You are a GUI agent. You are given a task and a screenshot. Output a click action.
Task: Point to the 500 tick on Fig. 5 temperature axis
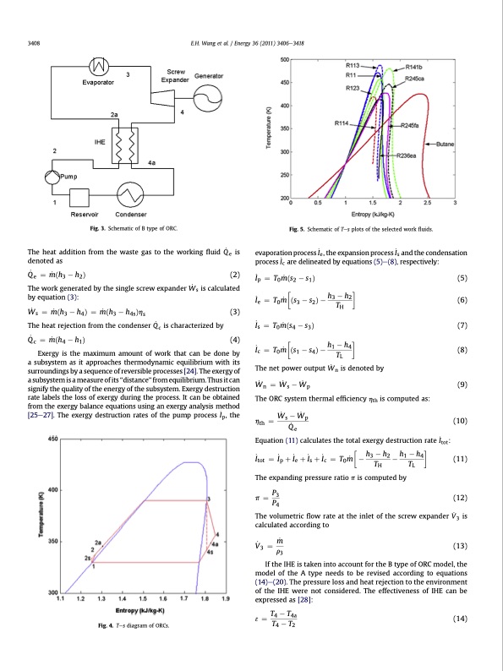[x=283, y=59]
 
